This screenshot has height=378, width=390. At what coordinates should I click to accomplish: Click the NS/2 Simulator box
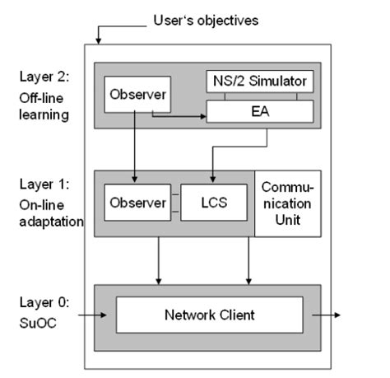coord(259,81)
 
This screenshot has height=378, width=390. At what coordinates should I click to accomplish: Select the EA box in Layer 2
coord(259,111)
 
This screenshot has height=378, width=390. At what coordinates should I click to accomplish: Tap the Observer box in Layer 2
coord(137,97)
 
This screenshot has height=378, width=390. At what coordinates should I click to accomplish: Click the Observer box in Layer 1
coord(137,203)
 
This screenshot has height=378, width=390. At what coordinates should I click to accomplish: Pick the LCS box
coord(215,203)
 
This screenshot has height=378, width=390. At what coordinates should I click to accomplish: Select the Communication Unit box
coord(288,203)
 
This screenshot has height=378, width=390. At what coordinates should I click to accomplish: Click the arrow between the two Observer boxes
coord(134,148)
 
